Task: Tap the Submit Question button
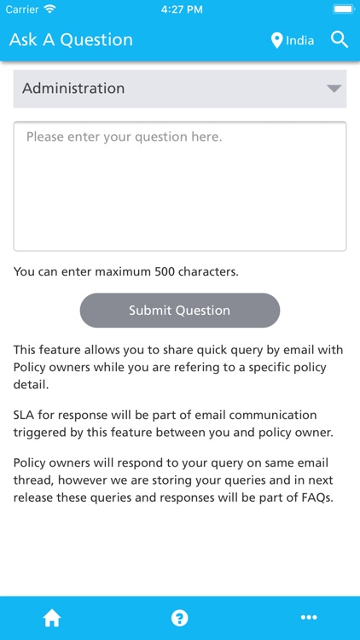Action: tap(179, 311)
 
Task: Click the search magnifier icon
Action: tap(340, 39)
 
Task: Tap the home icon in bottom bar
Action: tap(52, 619)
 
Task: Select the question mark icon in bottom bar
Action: tap(180, 619)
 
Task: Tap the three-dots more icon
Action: tap(309, 619)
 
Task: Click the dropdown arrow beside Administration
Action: tap(334, 89)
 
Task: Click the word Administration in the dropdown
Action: tap(73, 89)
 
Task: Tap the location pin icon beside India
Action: tap(276, 40)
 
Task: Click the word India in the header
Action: tap(300, 40)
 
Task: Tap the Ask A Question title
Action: tap(71, 40)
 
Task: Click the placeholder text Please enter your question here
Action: tap(124, 137)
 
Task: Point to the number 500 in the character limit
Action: tap(165, 272)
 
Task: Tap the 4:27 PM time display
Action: tap(180, 9)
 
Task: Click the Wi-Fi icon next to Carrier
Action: tap(49, 9)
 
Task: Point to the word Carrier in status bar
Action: tap(23, 9)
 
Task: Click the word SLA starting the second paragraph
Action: tap(25, 416)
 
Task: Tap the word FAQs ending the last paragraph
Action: tap(312, 497)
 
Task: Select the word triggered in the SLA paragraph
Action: tap(39, 433)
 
